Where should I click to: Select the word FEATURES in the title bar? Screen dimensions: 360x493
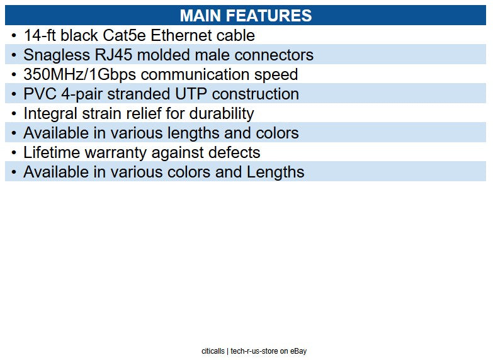click(272, 16)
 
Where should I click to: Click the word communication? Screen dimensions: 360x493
click(205, 74)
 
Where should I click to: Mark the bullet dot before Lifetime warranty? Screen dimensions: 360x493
click(14, 152)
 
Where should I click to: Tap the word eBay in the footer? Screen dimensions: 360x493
click(298, 351)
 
